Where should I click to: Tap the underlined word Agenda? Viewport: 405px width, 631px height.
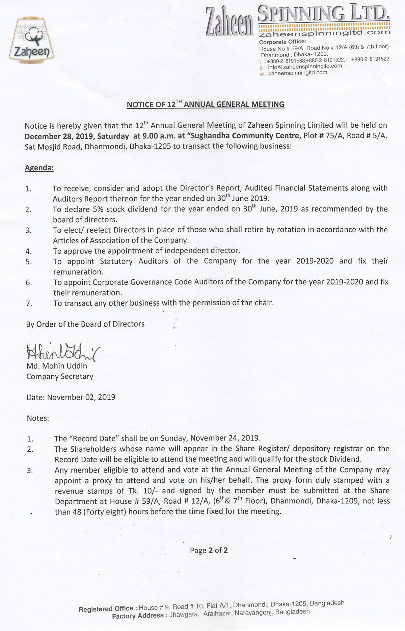39,168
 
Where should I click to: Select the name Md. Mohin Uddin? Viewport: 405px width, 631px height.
57,366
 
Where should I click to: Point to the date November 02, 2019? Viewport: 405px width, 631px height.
81,397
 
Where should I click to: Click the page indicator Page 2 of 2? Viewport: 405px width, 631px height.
209,551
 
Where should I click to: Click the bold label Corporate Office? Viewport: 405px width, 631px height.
282,42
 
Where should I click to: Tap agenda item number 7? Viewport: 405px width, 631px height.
29,303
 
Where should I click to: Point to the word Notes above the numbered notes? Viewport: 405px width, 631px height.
38,418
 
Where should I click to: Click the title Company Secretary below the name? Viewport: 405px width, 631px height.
60,376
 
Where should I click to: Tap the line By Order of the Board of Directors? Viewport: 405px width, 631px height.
85,324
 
